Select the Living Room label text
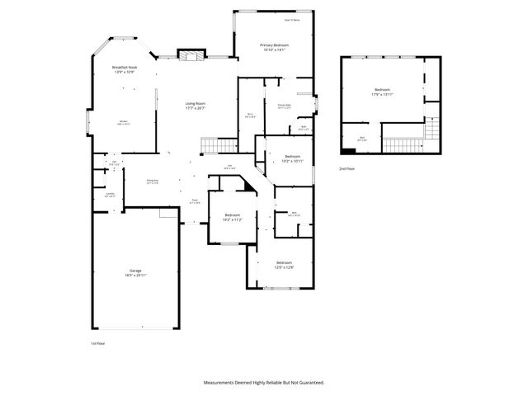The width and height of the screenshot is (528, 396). [195, 106]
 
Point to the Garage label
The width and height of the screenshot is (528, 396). [134, 273]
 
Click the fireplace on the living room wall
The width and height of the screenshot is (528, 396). [191, 55]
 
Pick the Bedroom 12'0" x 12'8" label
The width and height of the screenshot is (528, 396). [284, 265]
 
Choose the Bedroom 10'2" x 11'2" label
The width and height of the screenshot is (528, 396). [231, 218]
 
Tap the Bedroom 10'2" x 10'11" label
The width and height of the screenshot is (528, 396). [293, 158]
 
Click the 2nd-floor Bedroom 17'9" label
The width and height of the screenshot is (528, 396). [381, 92]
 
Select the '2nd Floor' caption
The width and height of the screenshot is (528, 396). [346, 169]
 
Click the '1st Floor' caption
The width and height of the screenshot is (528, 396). [99, 342]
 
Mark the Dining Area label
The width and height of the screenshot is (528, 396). [153, 181]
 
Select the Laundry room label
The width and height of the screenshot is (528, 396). [110, 195]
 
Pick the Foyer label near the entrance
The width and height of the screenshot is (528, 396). [196, 200]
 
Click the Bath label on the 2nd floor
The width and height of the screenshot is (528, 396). [362, 139]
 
